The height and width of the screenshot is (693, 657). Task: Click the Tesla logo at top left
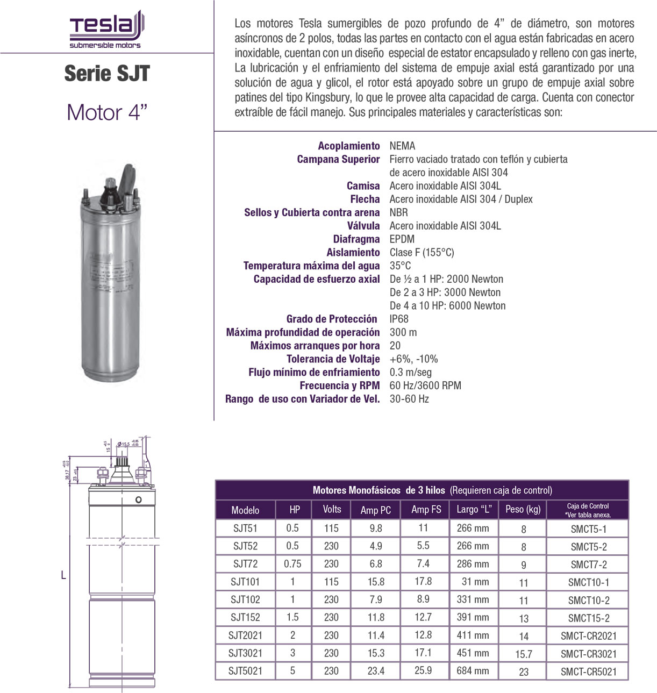click(106, 30)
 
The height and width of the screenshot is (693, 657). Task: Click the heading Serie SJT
click(107, 74)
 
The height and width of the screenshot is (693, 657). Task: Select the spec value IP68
click(399, 319)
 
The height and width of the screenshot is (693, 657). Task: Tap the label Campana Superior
click(338, 159)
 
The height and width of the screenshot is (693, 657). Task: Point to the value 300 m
click(403, 332)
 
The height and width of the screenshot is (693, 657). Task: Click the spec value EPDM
click(402, 239)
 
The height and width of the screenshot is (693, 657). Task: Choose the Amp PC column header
click(375, 510)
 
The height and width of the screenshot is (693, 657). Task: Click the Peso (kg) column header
click(523, 509)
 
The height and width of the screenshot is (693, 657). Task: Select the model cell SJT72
click(245, 563)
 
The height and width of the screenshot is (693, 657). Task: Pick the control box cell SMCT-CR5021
click(588, 671)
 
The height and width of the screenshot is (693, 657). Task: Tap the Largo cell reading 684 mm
click(473, 670)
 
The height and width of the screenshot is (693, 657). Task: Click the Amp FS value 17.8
click(423, 581)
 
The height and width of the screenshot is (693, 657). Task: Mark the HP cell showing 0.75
click(292, 563)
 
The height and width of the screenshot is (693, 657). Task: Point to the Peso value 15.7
click(523, 654)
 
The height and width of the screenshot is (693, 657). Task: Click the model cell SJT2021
click(245, 635)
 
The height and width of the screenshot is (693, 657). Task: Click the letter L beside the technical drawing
click(63, 575)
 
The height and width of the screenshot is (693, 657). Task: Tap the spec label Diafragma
click(356, 239)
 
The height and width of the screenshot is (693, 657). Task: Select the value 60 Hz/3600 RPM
click(425, 385)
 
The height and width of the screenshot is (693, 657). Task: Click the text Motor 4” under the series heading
click(107, 112)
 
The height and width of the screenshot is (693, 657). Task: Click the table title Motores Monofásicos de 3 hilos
click(379, 490)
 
